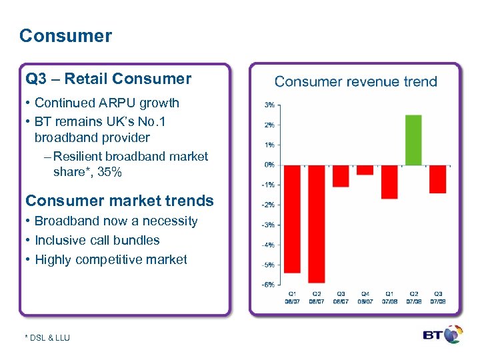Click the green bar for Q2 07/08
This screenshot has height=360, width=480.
coord(413,140)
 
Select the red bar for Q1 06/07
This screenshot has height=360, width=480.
coord(292,219)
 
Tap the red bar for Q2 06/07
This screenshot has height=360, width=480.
coord(316,223)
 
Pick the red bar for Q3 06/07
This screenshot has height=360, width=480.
coord(341,176)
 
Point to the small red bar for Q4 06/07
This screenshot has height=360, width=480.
coord(365,170)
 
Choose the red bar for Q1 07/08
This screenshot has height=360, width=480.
coord(389,181)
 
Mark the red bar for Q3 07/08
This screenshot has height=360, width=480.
coord(437,179)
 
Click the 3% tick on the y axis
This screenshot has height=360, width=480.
coord(269,105)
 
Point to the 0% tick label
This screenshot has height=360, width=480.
coord(269,165)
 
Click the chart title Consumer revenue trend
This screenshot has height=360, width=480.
coord(355,82)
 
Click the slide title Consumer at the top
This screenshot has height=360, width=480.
coord(65,36)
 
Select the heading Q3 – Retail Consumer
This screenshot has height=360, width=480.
coord(108,79)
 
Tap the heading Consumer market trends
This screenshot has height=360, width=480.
coord(119,201)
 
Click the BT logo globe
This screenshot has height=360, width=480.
coord(454,335)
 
